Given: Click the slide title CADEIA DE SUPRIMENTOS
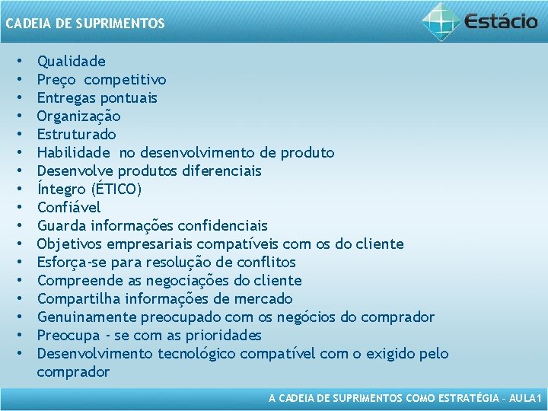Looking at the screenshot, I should point(84,24).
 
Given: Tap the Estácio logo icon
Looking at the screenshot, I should point(441,21).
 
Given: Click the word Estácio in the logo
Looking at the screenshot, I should point(501,21).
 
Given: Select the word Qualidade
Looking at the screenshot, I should point(72,61).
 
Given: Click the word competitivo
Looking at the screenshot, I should point(125,79).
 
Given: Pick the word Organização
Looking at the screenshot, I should point(78,116).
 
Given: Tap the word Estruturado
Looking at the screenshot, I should point(77,134).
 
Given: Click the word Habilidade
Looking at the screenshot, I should point(74,152).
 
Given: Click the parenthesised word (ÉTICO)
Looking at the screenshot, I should point(115,189).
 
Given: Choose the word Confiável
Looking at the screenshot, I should point(69,207).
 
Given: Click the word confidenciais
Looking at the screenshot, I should point(222,225).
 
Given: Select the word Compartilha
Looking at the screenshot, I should point(78,298).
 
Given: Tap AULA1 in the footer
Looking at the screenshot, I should point(525,399).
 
